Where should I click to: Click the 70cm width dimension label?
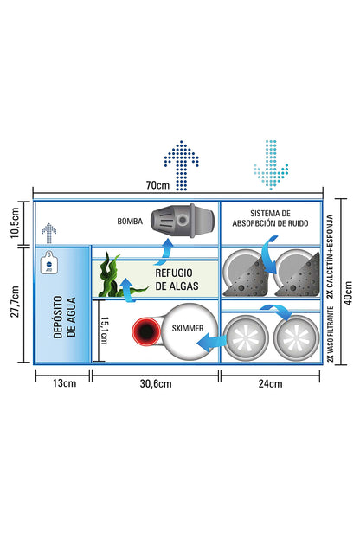point(157,185)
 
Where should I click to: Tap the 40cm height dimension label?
point(349,292)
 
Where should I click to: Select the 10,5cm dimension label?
point(16,223)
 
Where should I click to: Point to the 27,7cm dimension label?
point(16,302)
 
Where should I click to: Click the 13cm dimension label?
point(64,383)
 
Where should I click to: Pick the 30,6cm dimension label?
point(156,383)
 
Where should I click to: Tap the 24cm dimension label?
point(270,383)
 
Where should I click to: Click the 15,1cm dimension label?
point(104,331)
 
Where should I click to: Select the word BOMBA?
point(130,221)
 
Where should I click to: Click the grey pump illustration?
point(183,220)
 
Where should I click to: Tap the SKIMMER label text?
point(188,328)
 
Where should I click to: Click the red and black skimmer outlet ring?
point(146,331)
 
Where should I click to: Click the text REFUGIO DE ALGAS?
point(177,280)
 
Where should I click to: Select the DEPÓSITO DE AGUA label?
point(64,318)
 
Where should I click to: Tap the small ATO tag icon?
point(49,263)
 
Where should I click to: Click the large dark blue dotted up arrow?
point(182,165)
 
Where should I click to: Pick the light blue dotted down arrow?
point(271,164)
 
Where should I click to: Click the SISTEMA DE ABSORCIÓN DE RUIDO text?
point(270,218)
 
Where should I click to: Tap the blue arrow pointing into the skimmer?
point(211,343)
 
